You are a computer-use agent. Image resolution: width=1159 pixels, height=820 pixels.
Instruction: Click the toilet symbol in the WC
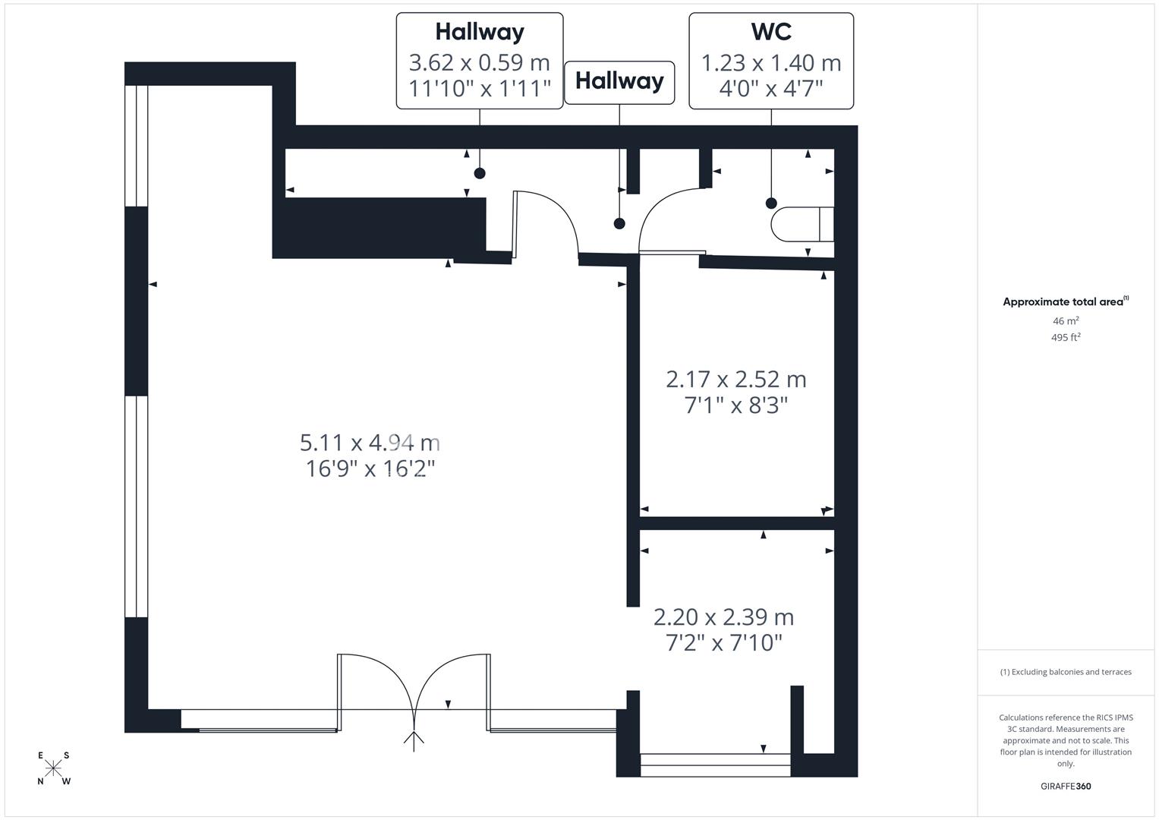point(802,224)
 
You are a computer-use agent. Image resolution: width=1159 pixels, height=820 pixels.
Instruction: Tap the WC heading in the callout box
point(771,32)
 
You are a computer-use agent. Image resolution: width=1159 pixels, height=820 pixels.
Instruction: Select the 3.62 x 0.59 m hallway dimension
point(479,62)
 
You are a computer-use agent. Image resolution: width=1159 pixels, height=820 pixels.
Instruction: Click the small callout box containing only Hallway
point(619,83)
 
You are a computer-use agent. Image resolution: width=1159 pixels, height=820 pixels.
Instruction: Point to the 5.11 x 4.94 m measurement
point(370,443)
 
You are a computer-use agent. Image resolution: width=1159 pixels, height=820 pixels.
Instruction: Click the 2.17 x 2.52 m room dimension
point(735,380)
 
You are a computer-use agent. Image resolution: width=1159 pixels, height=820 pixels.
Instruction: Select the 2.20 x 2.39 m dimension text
point(723,617)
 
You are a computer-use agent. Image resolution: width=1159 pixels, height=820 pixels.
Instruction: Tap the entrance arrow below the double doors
point(414,741)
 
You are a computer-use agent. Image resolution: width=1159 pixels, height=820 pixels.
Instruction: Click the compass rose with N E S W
point(53,768)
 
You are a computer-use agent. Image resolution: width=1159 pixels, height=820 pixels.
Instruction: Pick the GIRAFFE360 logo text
point(1066,786)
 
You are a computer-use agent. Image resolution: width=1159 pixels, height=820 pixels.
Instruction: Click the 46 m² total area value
point(1066,321)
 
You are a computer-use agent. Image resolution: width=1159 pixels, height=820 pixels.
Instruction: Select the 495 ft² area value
point(1066,338)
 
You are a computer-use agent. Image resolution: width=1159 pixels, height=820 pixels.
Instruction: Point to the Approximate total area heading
point(1066,301)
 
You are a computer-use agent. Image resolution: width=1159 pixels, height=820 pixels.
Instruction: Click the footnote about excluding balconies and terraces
point(1066,672)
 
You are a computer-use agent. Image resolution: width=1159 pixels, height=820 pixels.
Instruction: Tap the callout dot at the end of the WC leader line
point(771,203)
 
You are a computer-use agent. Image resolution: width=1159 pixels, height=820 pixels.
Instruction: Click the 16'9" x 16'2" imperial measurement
point(370,469)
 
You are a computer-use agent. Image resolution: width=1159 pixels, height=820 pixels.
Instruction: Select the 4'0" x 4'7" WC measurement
point(771,89)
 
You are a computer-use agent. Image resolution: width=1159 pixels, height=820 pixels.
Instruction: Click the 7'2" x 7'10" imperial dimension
point(723,643)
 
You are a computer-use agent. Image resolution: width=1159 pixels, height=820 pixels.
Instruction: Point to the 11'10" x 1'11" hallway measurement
point(479,89)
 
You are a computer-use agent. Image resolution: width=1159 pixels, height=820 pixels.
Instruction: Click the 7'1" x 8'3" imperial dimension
point(735,405)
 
